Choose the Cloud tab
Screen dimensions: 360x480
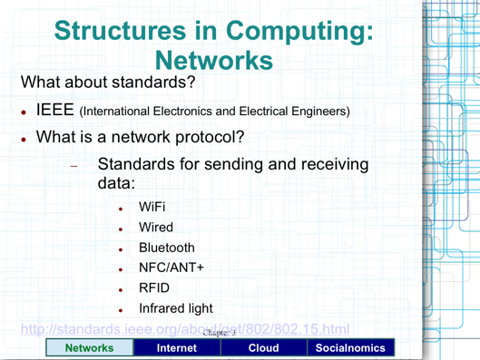[263, 347]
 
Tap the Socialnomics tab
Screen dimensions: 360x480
[350, 347]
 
